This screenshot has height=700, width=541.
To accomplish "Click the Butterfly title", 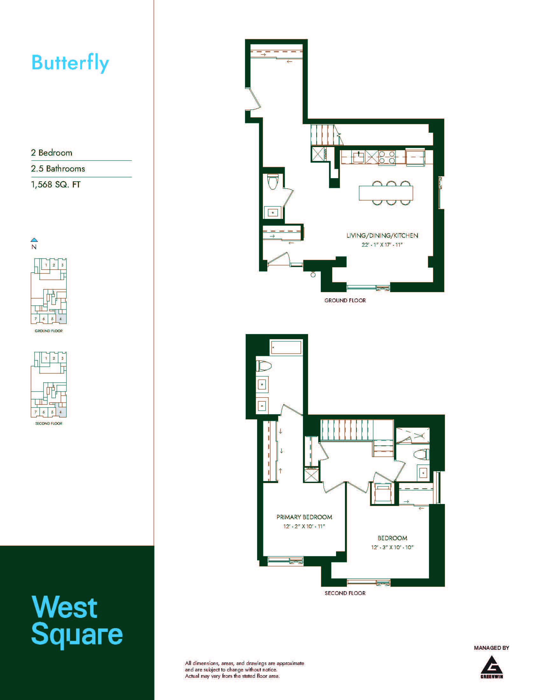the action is pyautogui.click(x=70, y=63).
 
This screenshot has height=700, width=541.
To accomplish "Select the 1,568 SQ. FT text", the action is pyautogui.click(x=56, y=185).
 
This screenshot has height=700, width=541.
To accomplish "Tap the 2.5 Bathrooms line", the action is pyautogui.click(x=58, y=169).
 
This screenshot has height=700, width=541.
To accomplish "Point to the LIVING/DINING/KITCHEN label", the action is pyautogui.click(x=382, y=235).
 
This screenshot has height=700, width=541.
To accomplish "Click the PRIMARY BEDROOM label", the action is pyautogui.click(x=304, y=517).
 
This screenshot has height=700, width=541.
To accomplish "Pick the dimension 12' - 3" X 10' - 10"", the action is pyautogui.click(x=392, y=548).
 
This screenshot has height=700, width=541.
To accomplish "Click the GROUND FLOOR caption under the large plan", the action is pyautogui.click(x=345, y=300).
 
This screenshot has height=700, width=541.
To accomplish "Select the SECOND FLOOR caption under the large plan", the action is pyautogui.click(x=345, y=593).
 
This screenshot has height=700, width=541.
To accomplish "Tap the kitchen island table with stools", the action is pyautogui.click(x=386, y=193).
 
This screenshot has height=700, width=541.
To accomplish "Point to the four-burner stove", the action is pyautogui.click(x=387, y=157).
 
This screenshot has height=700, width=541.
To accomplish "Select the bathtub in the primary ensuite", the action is pyautogui.click(x=286, y=347).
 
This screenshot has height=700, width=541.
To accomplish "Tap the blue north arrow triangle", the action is pyautogui.click(x=34, y=240).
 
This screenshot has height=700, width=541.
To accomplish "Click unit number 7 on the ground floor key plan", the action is pyautogui.click(x=36, y=319).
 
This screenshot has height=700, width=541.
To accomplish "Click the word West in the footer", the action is pyautogui.click(x=64, y=607).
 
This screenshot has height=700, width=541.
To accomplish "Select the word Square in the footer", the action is pyautogui.click(x=77, y=635).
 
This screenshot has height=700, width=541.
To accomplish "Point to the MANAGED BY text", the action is pyautogui.click(x=491, y=648).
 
